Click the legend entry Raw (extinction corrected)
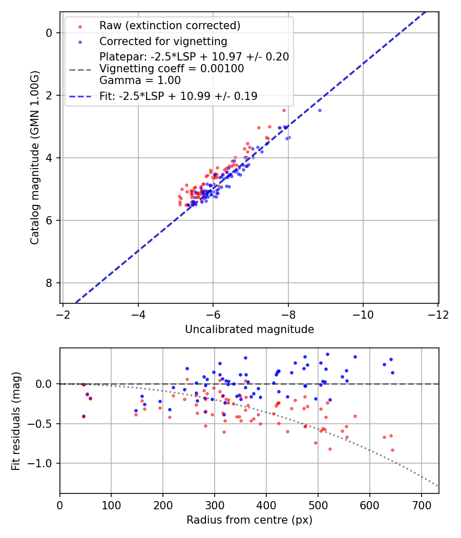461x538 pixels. click(x=170, y=26)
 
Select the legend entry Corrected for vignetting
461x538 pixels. click(x=163, y=41)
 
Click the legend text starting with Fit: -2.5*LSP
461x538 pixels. click(x=178, y=96)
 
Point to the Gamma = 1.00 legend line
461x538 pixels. click(x=140, y=80)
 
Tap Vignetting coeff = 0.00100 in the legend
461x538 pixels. click(x=172, y=69)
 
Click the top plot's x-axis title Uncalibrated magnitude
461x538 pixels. click(x=249, y=329)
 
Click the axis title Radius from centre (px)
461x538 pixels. click(x=249, y=520)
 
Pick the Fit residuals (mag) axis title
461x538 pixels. click(x=16, y=421)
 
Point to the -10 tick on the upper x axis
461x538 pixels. click(x=363, y=314)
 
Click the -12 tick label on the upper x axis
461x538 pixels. click(x=438, y=314)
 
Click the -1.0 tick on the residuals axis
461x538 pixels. click(x=43, y=463)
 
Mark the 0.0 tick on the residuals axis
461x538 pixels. click(x=46, y=384)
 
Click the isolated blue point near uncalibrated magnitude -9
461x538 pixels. click(x=320, y=110)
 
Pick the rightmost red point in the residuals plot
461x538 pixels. click(x=392, y=450)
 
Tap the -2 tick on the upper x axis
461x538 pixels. click(x=63, y=314)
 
